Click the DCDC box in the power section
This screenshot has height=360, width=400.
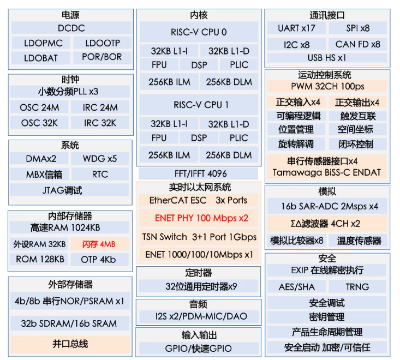[71, 28]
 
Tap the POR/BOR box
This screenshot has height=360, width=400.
[102, 57]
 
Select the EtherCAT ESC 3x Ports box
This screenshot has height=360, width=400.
[198, 200]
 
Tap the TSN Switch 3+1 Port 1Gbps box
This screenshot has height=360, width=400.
[199, 237]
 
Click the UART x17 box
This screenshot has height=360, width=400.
[296, 28]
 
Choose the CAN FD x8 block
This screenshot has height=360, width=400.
[357, 44]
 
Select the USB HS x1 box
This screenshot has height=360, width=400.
[327, 57]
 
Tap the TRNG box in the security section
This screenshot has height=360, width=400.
[357, 286]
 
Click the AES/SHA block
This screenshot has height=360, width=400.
[297, 286]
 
